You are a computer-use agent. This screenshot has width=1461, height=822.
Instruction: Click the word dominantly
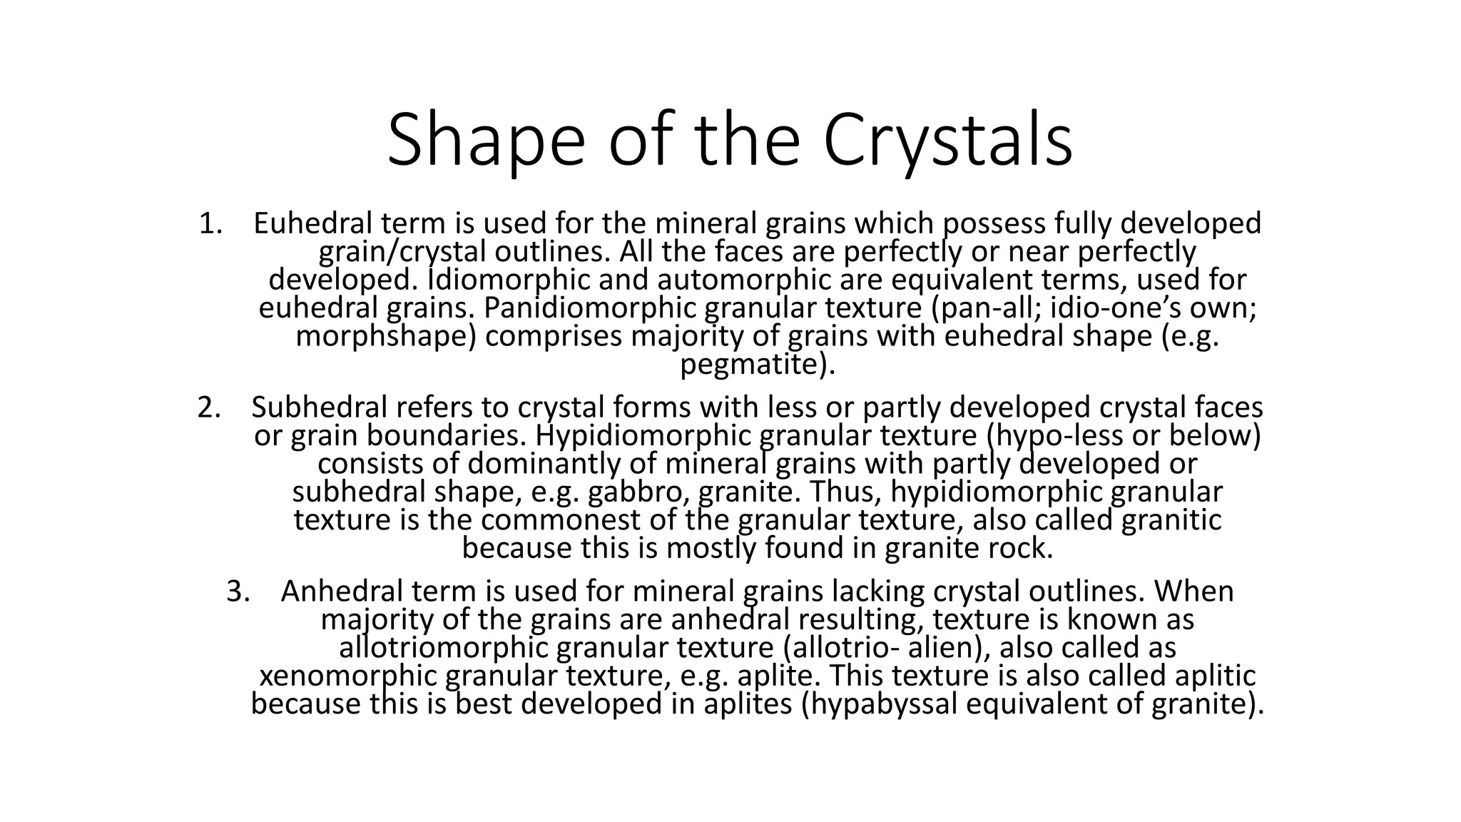(545, 464)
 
